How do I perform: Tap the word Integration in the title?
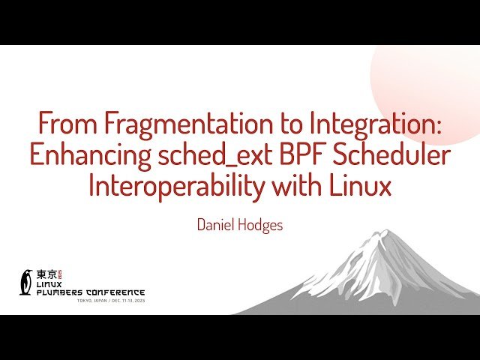tap(371, 122)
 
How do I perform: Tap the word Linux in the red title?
tap(361, 185)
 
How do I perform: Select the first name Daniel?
tap(215, 224)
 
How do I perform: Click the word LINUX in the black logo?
tap(50, 284)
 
